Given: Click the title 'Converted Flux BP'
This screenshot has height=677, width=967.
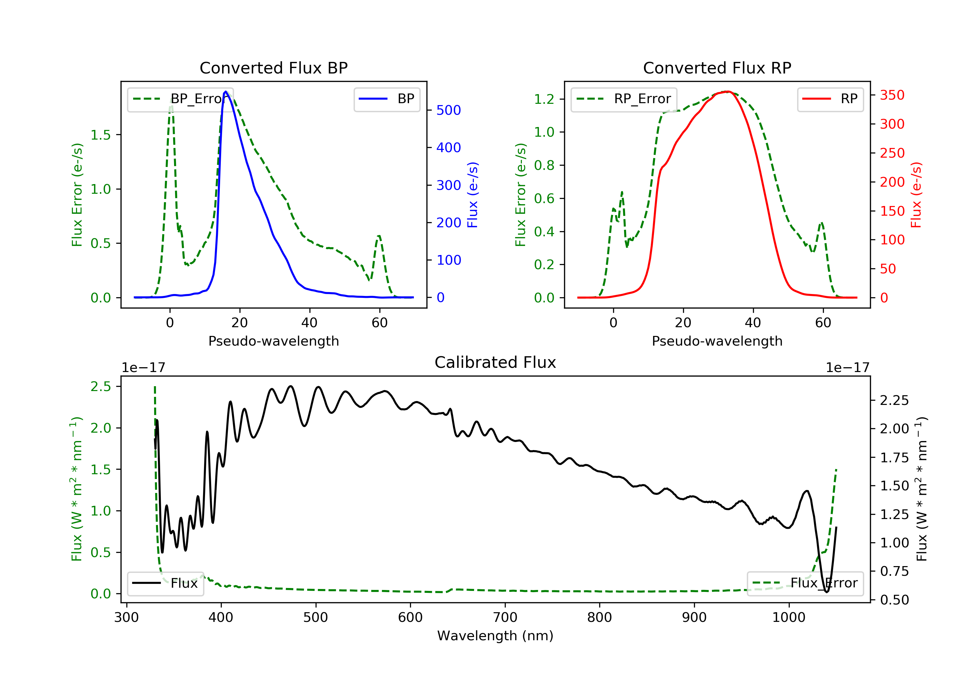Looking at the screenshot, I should click(x=273, y=68).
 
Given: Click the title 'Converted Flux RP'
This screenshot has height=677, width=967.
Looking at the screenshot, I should click(x=717, y=68).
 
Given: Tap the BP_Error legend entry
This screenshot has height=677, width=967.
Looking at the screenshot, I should click(x=180, y=99).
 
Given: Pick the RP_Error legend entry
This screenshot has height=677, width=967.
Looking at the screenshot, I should click(x=624, y=99).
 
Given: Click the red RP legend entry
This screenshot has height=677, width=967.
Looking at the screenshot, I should click(x=830, y=99).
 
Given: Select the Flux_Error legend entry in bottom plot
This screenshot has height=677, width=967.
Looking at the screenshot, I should click(x=805, y=583).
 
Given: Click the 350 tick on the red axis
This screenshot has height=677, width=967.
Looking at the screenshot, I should click(x=892, y=95).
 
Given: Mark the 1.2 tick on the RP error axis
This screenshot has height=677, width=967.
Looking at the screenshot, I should click(x=544, y=99).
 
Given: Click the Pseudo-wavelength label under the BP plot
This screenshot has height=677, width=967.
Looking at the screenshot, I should click(x=273, y=341).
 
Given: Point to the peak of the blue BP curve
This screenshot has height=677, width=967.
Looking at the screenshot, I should click(x=226, y=92).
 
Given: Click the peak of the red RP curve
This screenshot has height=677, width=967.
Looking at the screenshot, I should click(x=728, y=92).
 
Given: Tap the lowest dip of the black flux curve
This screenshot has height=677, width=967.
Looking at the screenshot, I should click(x=826, y=592).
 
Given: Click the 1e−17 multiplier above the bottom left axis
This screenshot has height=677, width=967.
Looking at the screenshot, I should click(x=143, y=368).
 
